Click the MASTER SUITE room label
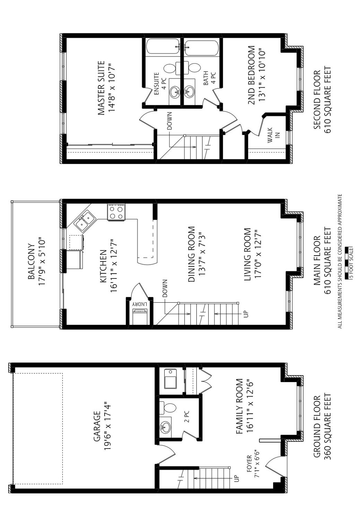point(101,88)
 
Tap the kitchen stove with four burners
point(116,212)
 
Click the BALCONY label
point(32,261)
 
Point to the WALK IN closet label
point(273,135)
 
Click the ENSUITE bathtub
point(163,46)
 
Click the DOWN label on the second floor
point(169,121)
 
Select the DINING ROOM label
point(192,254)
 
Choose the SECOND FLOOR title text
point(317,100)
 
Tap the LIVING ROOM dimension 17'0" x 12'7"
point(258,255)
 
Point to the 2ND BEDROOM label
point(252,75)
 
